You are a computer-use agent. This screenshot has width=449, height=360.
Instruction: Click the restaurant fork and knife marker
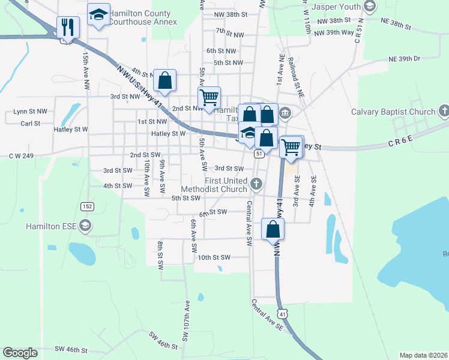[68, 28]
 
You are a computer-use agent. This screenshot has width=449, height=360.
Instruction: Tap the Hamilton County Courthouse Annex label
[143, 17]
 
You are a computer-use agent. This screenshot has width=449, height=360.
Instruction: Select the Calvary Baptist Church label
[393, 112]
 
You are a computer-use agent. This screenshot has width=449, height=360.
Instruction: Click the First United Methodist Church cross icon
[256, 184]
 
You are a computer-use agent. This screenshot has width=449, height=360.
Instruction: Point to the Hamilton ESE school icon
[85, 226]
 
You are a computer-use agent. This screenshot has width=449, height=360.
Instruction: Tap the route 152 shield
[88, 206]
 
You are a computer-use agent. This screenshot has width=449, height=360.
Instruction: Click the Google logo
[20, 353]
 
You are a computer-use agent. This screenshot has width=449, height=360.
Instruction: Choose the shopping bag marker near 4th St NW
[164, 81]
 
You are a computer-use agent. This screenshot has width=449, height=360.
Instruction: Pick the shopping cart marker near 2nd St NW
[209, 98]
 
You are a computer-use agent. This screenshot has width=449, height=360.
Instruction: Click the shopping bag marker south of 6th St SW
[273, 229]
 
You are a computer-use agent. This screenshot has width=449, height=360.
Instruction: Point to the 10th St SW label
[214, 257]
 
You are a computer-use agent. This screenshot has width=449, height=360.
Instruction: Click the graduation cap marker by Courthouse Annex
[98, 16]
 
